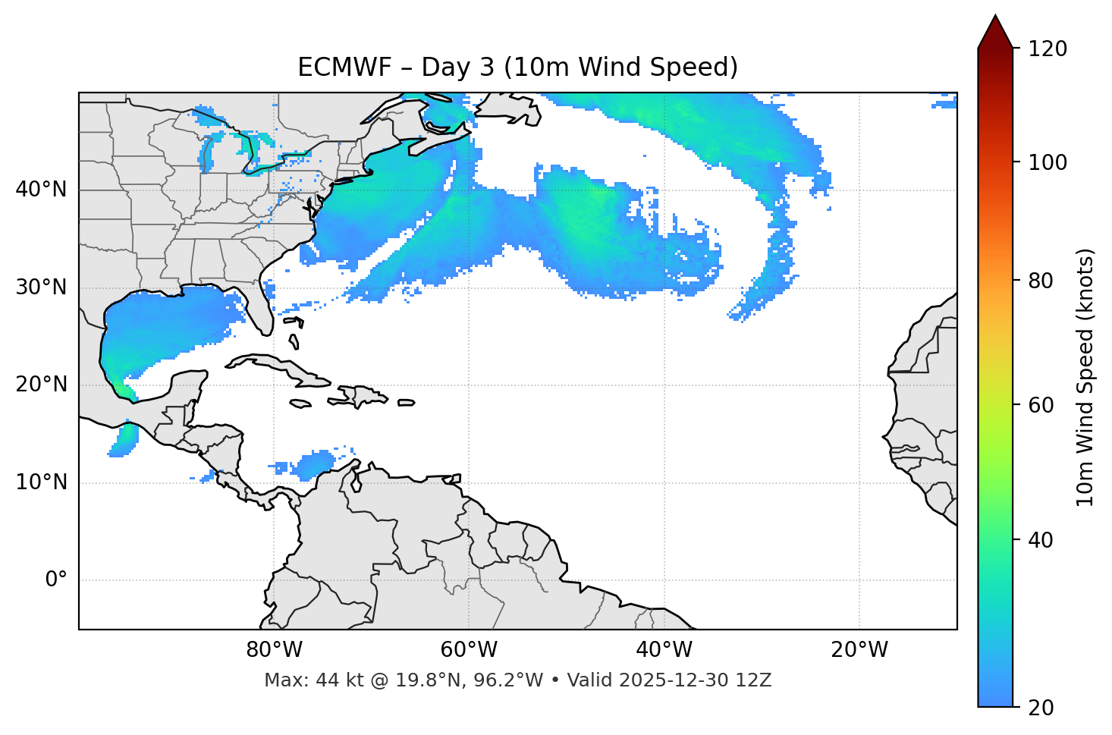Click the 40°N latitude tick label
41,190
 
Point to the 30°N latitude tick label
41,287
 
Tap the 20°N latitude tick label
41,385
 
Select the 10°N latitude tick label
41,482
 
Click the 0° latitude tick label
56,580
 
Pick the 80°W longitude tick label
274,650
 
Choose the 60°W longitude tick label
469,650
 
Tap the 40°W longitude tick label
664,650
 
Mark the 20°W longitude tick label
859,650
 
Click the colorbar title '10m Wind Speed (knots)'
1085,377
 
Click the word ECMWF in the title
344,68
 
